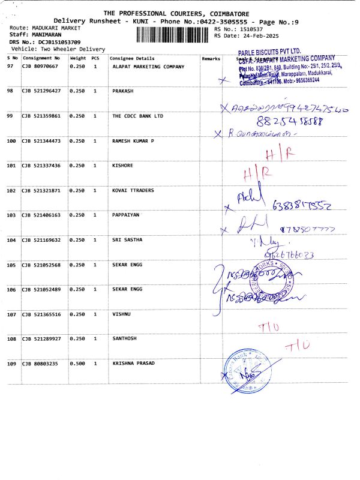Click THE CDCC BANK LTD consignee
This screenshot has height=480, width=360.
pos(138,116)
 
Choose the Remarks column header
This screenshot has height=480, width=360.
pos(211,58)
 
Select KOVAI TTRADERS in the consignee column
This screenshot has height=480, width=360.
pos(133,190)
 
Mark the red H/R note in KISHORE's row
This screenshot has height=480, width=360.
pos(255,175)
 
